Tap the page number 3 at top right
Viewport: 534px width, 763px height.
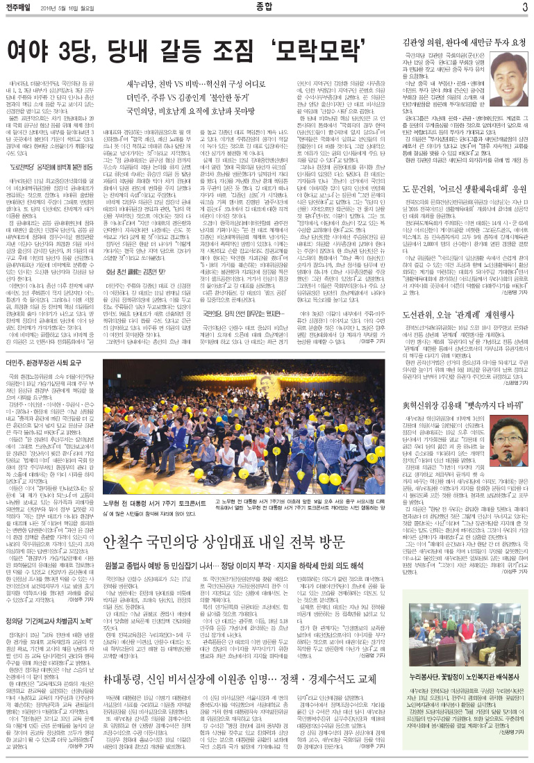(x=524, y=8)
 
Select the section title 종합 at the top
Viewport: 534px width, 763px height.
(x=267, y=8)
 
